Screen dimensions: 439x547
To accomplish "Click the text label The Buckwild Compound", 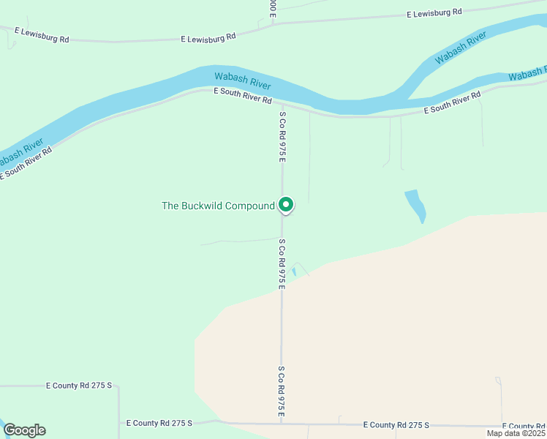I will [217, 206].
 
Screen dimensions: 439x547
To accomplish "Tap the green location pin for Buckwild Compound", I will [287, 205].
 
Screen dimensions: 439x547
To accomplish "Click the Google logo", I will [24, 430].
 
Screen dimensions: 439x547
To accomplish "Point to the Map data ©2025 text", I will [515, 432].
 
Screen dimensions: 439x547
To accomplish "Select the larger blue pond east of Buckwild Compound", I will [415, 204].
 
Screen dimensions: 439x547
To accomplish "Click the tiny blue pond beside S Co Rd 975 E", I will [294, 271].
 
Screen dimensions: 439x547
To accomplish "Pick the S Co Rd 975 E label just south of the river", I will [282, 136].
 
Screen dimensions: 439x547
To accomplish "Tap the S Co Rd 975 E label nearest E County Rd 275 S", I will [281, 393].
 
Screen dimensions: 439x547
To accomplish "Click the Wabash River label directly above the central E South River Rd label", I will [242, 80].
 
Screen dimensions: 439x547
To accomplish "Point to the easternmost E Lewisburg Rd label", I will [436, 12].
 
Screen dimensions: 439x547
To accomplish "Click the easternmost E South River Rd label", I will [453, 103].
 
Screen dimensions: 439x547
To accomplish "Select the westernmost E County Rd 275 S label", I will [79, 385].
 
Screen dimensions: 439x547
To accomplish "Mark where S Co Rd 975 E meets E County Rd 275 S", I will [282, 423].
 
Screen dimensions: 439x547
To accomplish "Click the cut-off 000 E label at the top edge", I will [273, 7].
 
